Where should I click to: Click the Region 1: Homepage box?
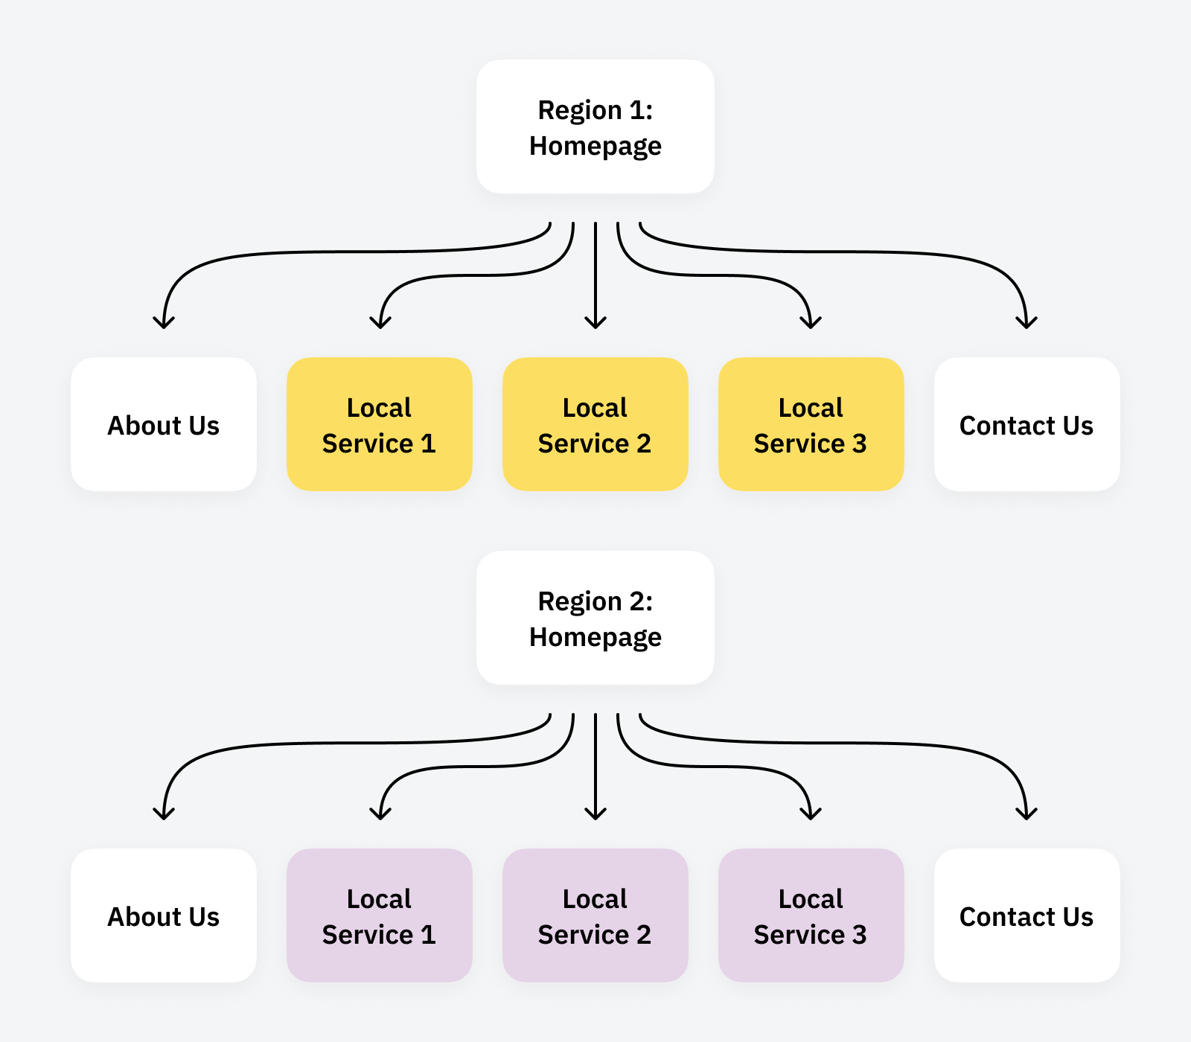tap(595, 127)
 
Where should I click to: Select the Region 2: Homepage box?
tap(595, 618)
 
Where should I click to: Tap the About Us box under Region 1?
tap(164, 424)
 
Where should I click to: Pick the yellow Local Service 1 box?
tap(380, 424)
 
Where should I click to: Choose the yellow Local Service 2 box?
tap(595, 424)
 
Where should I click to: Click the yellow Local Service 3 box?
tap(811, 424)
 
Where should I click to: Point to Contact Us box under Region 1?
tap(1027, 424)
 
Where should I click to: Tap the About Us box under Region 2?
tap(164, 915)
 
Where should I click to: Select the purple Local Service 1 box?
tap(380, 915)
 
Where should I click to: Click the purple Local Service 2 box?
tap(595, 915)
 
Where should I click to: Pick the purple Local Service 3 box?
tap(811, 915)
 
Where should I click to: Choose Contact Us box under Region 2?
tap(1027, 915)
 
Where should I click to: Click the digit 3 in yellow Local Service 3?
tap(860, 444)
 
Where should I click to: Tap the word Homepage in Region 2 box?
tap(595, 638)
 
